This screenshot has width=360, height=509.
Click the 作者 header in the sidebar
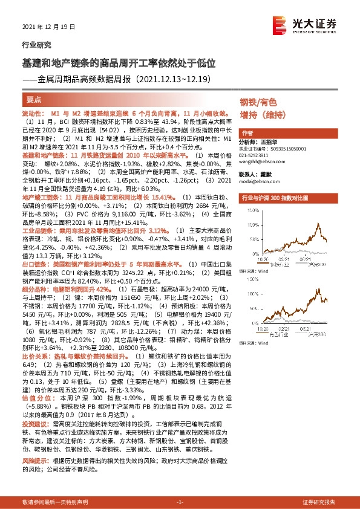tap(246, 133)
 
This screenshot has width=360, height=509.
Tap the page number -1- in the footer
tap(180, 502)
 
